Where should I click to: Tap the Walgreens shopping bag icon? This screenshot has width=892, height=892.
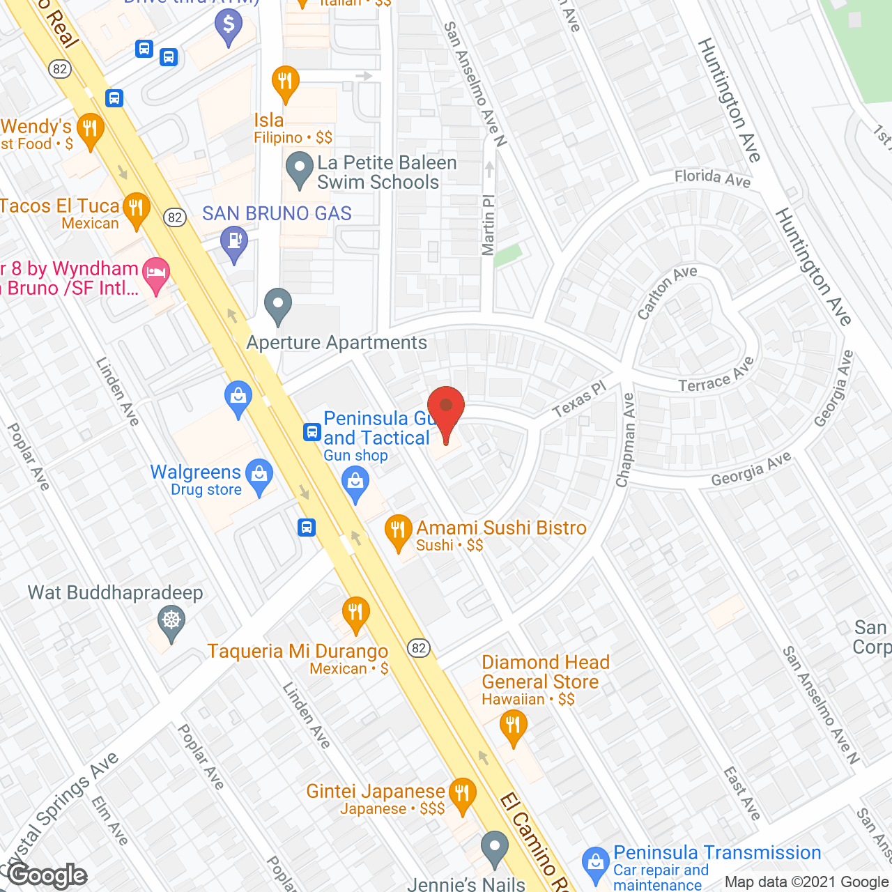(259, 476)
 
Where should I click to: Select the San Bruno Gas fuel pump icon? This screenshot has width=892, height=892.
(234, 243)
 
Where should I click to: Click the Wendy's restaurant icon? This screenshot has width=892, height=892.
(90, 129)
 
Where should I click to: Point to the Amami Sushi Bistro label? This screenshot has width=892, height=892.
(501, 528)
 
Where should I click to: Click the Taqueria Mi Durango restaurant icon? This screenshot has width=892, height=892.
(355, 613)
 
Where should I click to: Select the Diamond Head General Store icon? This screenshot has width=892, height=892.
(513, 726)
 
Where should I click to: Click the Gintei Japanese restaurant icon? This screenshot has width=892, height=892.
(461, 794)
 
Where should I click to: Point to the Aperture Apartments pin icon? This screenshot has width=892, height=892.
(278, 305)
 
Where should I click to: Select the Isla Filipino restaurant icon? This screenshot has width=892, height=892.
(285, 82)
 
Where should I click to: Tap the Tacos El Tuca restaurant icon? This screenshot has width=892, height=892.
(137, 208)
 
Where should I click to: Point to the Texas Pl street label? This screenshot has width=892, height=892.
(579, 399)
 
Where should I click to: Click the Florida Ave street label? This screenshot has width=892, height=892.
(712, 178)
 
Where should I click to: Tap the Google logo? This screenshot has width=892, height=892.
(47, 875)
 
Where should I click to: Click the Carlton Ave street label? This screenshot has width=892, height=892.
(667, 292)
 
